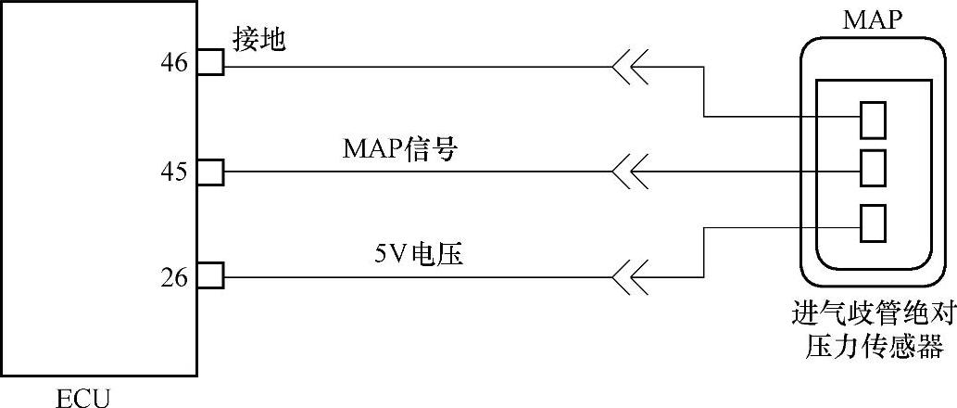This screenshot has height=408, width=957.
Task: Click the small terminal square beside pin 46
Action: (210, 63)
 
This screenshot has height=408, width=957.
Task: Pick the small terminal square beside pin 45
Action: (210, 172)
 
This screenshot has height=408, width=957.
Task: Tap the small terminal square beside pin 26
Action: (210, 276)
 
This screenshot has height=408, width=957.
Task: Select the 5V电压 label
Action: (415, 253)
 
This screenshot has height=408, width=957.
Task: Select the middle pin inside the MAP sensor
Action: (872, 169)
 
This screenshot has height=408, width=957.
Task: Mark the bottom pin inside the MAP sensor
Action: (872, 220)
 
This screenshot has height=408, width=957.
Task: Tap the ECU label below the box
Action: (82, 399)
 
